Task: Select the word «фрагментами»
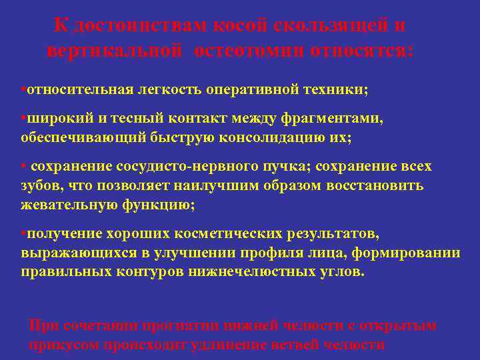[333, 118]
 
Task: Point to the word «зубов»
[37, 185]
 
